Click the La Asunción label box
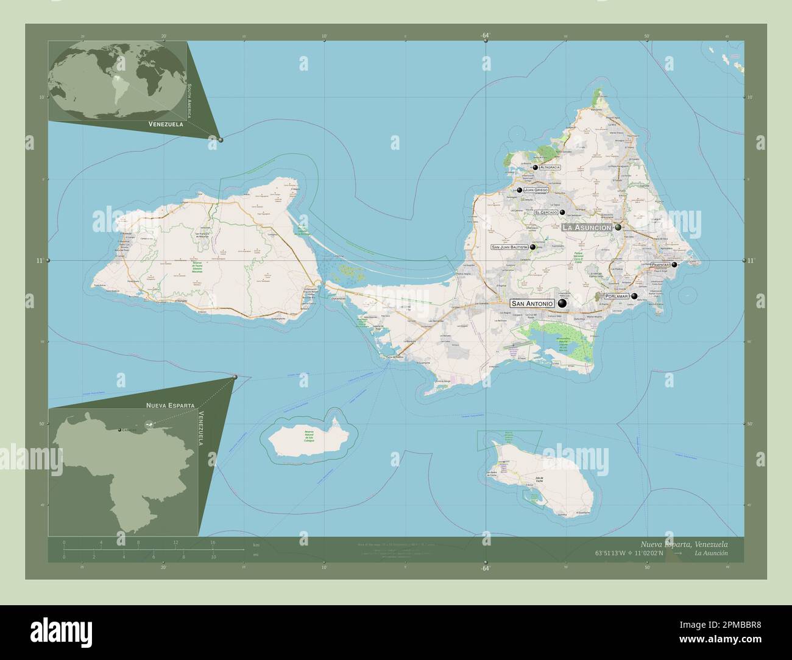(586, 227)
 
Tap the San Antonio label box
(532, 303)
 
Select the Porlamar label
(616, 296)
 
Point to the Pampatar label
(660, 265)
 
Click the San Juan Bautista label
(509, 247)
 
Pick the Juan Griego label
(536, 190)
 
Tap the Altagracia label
(550, 167)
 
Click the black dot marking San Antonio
(562, 303)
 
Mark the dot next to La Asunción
(618, 227)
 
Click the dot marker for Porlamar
(635, 297)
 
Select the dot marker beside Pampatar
(674, 265)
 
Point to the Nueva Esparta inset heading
(170, 405)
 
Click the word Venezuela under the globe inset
(166, 124)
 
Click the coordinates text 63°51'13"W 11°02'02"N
(631, 553)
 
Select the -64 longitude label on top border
(485, 36)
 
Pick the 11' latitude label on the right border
(750, 261)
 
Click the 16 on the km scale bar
(213, 542)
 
